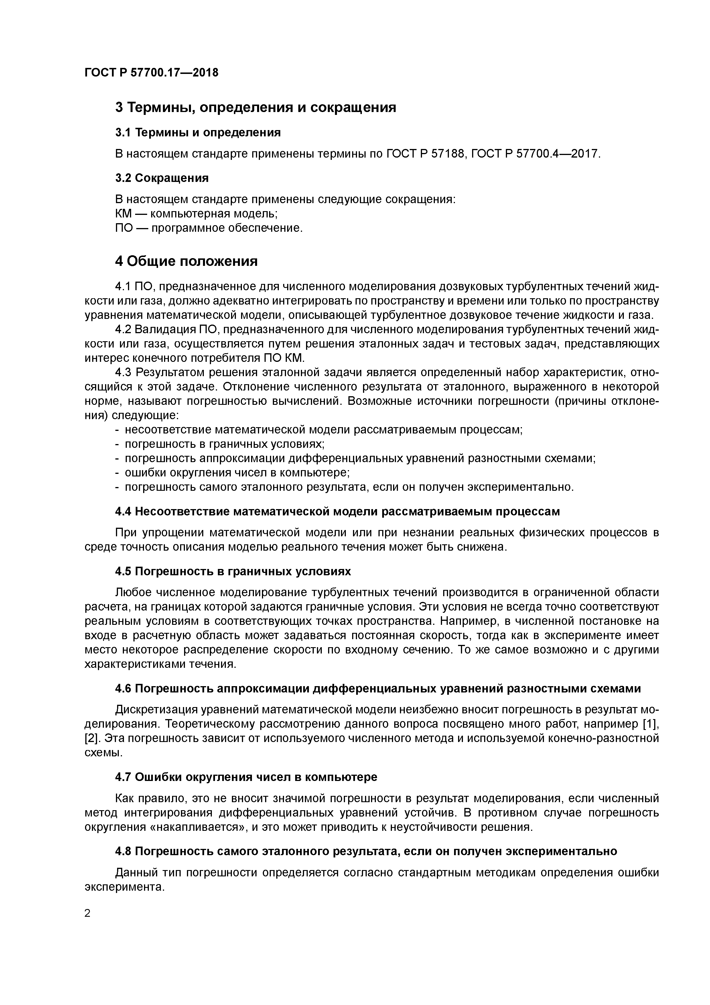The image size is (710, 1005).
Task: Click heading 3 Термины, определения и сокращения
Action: (x=255, y=107)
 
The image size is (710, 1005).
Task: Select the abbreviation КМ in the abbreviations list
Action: (x=123, y=214)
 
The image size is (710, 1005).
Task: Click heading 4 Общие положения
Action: (x=186, y=261)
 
